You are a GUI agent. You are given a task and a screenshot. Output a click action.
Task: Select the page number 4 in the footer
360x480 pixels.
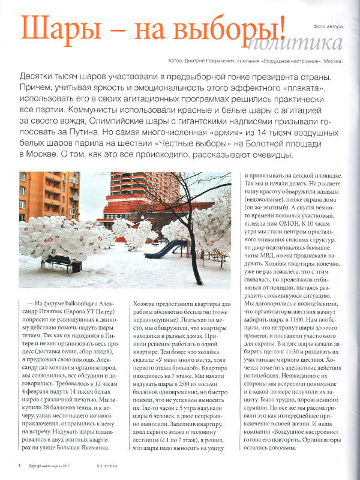coord(20,465)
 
